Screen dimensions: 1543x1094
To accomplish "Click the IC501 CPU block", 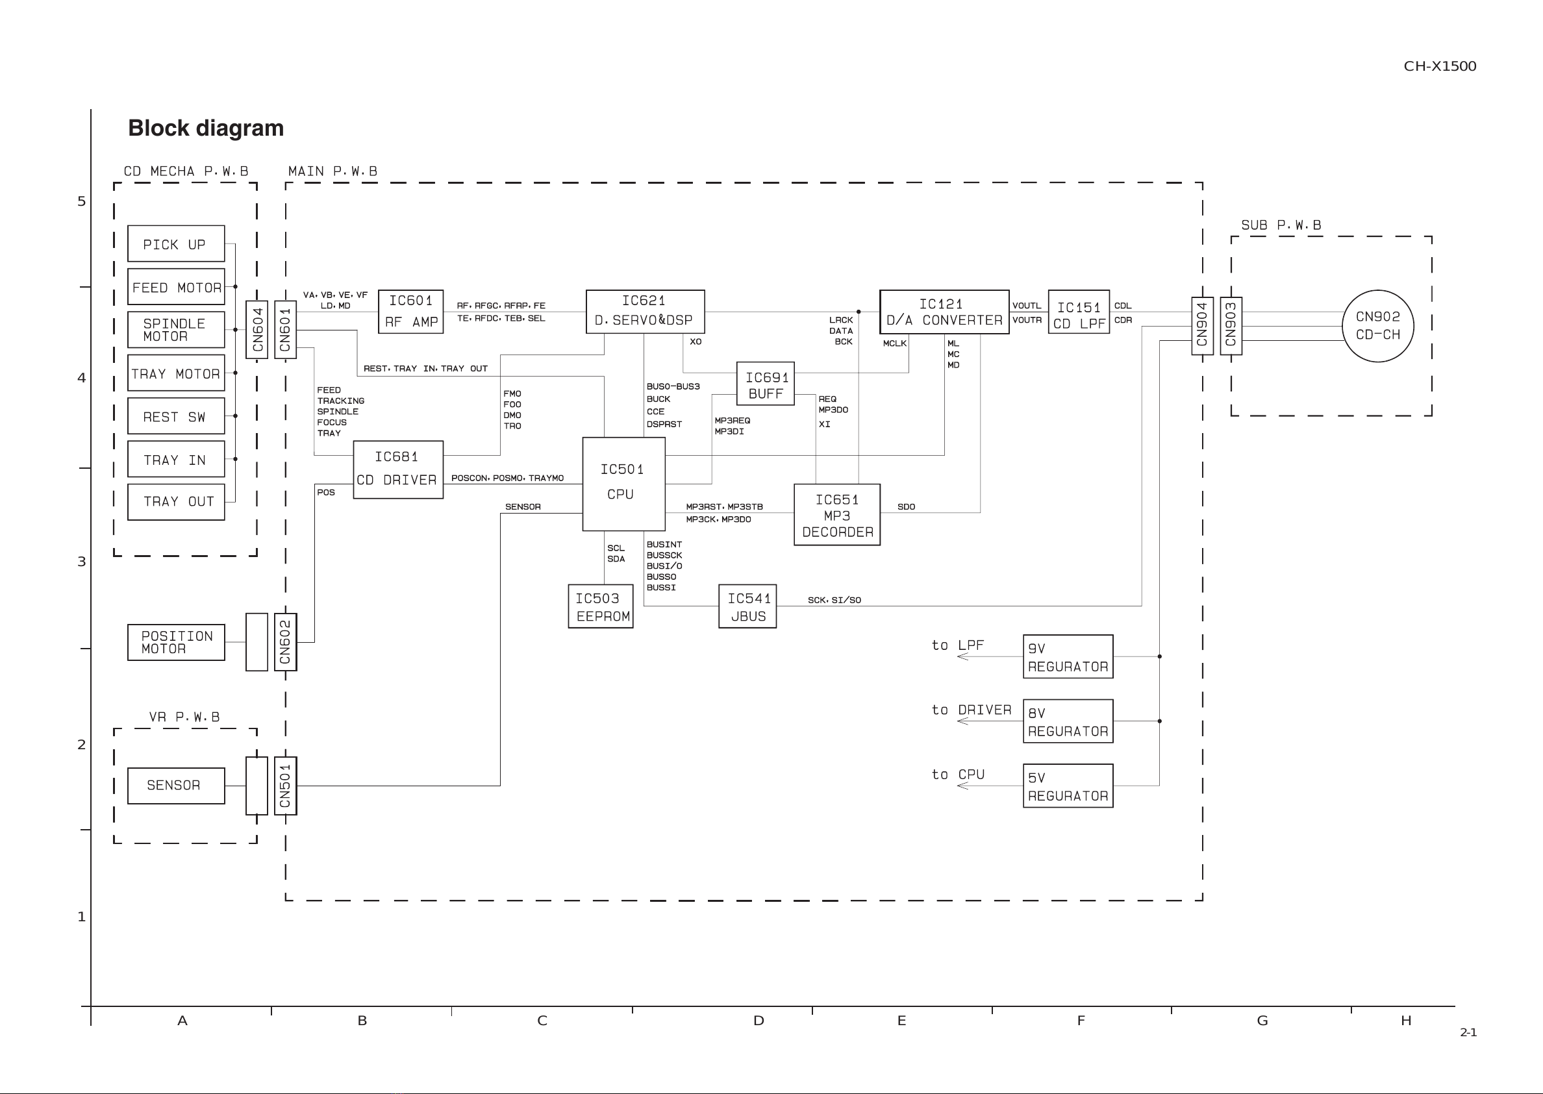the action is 624,484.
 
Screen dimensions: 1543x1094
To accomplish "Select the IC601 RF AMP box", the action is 410,311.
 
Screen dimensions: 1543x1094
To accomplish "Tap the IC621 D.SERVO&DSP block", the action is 645,311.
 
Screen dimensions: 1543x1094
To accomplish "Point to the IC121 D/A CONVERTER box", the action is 944,312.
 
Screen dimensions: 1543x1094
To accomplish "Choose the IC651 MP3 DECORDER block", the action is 837,515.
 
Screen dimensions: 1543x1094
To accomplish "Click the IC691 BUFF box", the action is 766,384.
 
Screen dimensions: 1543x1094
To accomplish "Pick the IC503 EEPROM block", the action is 600,606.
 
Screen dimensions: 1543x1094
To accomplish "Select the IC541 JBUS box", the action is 747,606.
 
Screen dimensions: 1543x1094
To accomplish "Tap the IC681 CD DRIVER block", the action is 398,469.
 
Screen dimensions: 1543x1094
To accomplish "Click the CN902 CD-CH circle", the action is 1378,326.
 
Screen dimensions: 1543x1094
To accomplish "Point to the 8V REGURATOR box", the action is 1068,721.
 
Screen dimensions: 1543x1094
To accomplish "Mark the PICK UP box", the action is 176,243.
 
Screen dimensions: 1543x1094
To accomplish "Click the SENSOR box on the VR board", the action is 176,786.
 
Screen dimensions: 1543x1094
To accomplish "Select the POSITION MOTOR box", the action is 176,642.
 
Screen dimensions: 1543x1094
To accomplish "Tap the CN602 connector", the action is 286,642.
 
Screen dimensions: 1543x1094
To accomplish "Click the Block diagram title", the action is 205,128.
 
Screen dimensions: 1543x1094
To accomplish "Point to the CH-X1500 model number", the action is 1440,66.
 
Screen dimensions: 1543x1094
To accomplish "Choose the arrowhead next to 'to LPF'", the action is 963,656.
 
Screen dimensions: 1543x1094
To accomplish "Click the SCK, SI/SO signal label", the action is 834,599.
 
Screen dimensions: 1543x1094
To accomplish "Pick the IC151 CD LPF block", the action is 1079,312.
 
